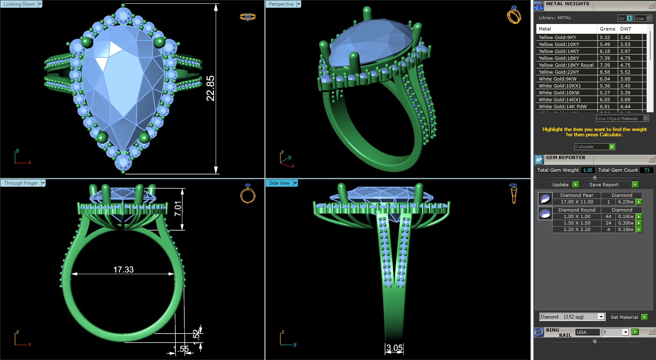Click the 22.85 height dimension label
coord(210,88)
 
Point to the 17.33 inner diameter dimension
coord(123,269)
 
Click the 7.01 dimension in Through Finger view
coord(178,209)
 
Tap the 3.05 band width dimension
coord(394,348)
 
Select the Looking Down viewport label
coord(19,4)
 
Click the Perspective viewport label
coord(281,4)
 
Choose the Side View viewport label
coord(279,183)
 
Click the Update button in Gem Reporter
coord(560,185)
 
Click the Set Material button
coord(624,317)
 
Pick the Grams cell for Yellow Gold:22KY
coord(605,72)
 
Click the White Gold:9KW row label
coord(558,79)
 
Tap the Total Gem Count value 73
coord(646,170)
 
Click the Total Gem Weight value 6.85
coord(588,170)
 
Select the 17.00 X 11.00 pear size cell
coord(577,202)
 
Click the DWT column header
coord(625,29)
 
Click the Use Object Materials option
coord(617,118)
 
